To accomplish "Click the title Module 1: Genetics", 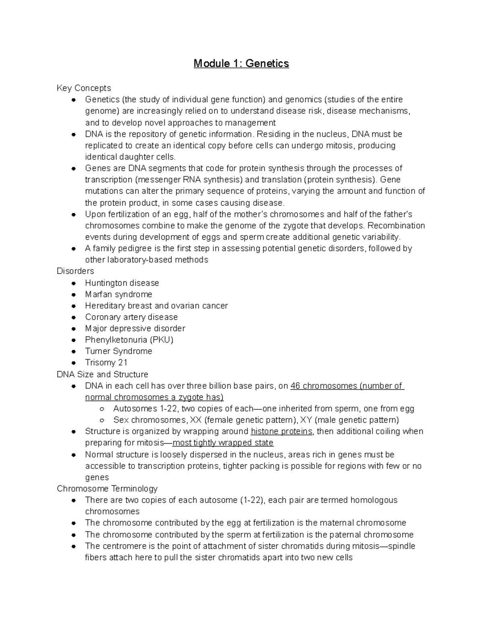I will (241, 64).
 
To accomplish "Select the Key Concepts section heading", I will (84, 88).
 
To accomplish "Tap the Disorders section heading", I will (75, 271).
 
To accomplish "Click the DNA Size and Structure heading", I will (102, 374).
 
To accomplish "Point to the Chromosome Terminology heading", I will (107, 489).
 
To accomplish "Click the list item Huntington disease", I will (122, 283).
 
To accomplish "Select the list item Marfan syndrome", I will (118, 294).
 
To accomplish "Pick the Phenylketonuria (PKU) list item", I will (129, 340).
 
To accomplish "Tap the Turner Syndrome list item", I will (118, 351).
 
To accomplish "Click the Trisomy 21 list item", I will (106, 362).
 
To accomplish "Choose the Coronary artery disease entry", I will (131, 317).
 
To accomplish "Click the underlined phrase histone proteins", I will (281, 431).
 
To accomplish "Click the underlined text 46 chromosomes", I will (324, 386).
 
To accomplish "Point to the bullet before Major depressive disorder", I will (74, 329).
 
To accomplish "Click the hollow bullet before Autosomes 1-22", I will (102, 409).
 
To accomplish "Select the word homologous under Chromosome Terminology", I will (374, 500).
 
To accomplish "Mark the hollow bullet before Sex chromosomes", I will (102, 420).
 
